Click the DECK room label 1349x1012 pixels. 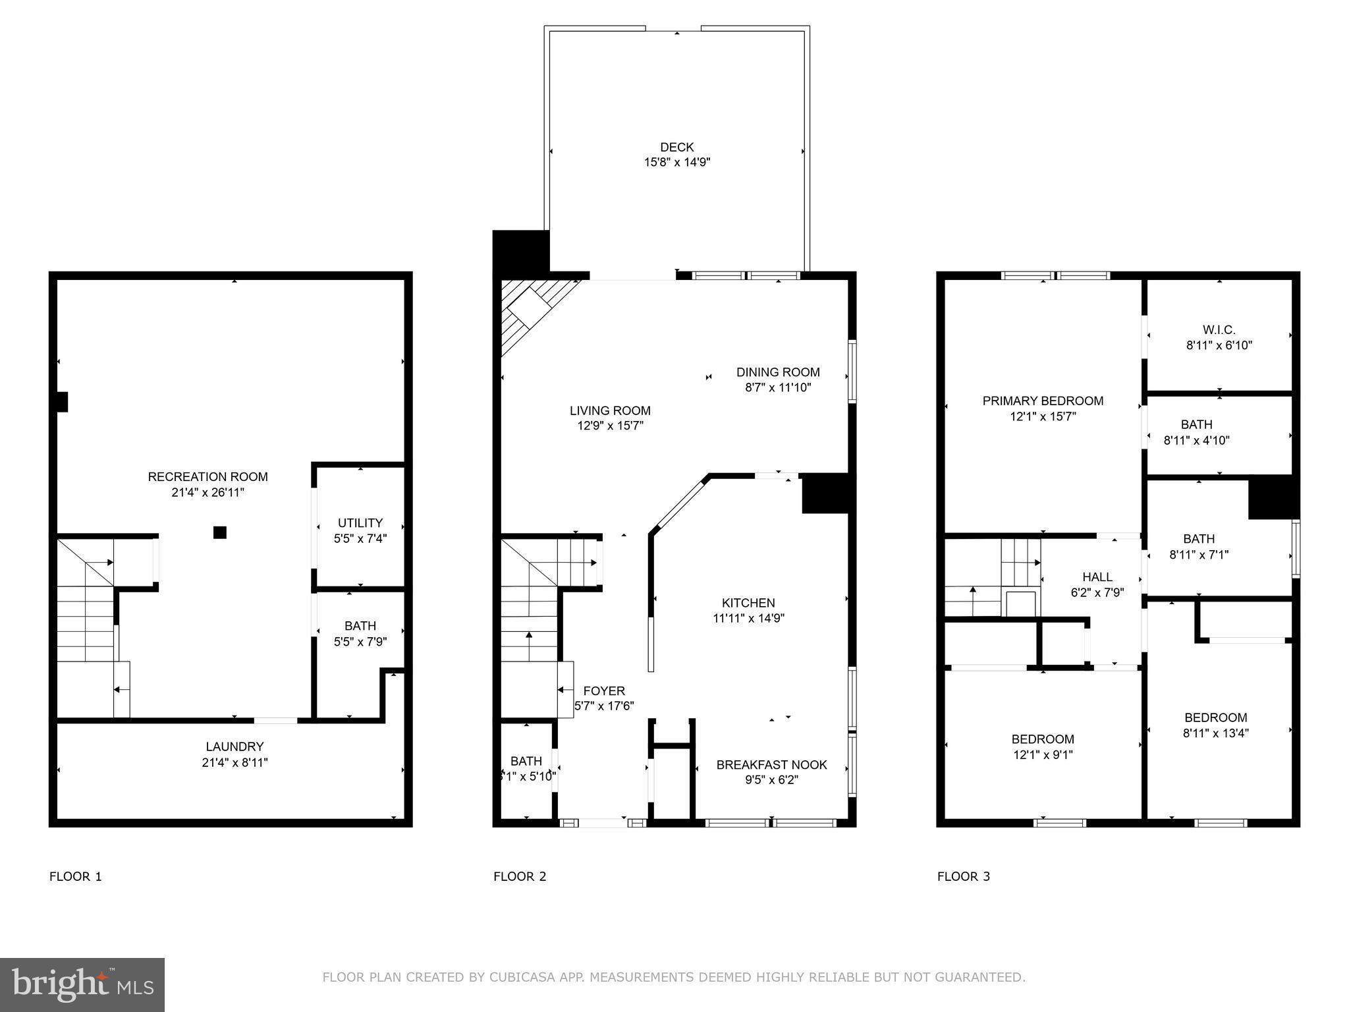tap(676, 147)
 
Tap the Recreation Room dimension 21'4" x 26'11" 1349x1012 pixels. tap(207, 492)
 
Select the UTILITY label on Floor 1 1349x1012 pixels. tap(360, 522)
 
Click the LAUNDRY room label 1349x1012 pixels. tap(234, 746)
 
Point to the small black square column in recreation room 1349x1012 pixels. tap(220, 532)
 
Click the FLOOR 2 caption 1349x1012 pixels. tap(520, 876)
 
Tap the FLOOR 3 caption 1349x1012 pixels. tap(963, 876)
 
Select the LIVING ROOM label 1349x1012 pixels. tap(610, 410)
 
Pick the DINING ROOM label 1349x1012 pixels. tap(778, 372)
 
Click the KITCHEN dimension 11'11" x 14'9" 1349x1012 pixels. tap(748, 618)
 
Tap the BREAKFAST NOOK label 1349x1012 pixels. tap(771, 765)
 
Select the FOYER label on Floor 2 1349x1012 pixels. tap(603, 691)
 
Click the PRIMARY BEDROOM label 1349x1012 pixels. tap(1043, 401)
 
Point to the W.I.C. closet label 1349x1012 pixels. tap(1219, 329)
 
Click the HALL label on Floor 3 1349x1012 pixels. tap(1097, 577)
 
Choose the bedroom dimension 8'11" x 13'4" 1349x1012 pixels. tap(1216, 733)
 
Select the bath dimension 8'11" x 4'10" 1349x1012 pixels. tap(1196, 440)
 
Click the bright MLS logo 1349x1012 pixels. tap(82, 985)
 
